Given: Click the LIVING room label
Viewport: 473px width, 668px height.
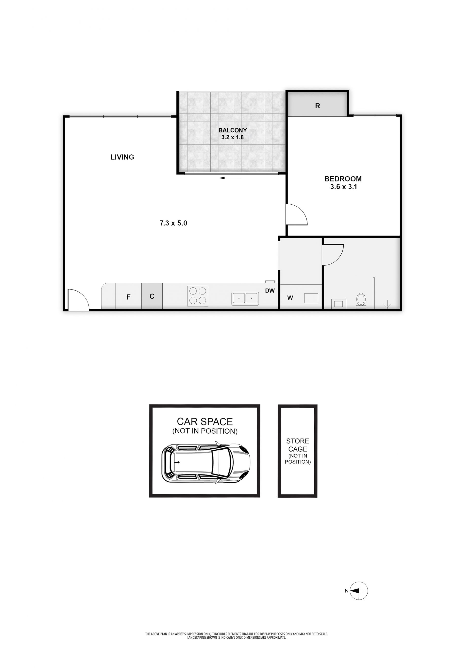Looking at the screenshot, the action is pyautogui.click(x=122, y=157).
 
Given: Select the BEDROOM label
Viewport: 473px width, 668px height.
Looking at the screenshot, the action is pyautogui.click(x=343, y=179).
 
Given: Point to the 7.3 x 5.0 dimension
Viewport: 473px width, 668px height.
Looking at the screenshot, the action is pyautogui.click(x=173, y=223).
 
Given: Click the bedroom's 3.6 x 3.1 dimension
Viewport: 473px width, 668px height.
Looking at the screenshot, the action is pyautogui.click(x=343, y=187).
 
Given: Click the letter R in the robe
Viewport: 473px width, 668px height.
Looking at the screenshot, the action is pyautogui.click(x=318, y=106).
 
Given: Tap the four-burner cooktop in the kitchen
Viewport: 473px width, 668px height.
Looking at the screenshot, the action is pyautogui.click(x=198, y=296).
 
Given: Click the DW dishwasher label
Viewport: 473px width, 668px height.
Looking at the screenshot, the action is pyautogui.click(x=270, y=291).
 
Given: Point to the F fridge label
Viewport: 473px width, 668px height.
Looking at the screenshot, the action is pyautogui.click(x=128, y=297).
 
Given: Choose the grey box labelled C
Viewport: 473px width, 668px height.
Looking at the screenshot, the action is pyautogui.click(x=152, y=296).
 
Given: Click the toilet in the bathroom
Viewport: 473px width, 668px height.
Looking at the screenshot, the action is pyautogui.click(x=361, y=301).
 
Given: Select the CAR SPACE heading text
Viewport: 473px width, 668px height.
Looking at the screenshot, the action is pyautogui.click(x=205, y=422).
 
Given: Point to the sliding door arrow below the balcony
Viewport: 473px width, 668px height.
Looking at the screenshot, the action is pyautogui.click(x=230, y=178).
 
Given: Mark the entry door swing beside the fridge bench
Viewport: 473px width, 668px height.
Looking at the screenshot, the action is pyautogui.click(x=77, y=300).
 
